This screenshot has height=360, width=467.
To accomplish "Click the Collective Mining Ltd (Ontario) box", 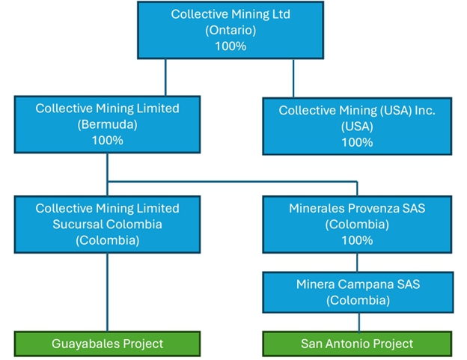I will (x=230, y=30).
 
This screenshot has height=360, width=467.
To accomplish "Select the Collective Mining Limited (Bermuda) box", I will (x=107, y=124).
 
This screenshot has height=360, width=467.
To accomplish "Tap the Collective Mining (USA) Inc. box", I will (x=357, y=126).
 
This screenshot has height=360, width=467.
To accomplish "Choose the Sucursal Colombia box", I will (x=107, y=223).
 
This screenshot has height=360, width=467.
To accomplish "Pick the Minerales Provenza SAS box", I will (x=357, y=223).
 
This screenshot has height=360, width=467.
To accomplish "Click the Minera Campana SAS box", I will (x=357, y=292).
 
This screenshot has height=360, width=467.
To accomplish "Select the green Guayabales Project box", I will (x=107, y=344).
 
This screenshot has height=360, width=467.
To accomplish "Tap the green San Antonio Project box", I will (x=357, y=344).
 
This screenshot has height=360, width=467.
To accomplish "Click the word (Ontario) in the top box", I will (x=230, y=30).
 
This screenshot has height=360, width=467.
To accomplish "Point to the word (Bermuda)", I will (x=107, y=124).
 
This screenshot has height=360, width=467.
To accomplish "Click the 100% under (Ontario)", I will (x=230, y=46).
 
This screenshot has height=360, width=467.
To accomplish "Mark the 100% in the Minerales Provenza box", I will (x=357, y=240).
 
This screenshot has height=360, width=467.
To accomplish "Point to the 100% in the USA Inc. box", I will (x=357, y=142).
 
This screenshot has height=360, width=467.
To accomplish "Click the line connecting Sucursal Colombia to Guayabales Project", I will (x=107, y=292).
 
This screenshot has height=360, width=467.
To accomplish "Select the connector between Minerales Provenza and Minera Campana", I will (x=357, y=262).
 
